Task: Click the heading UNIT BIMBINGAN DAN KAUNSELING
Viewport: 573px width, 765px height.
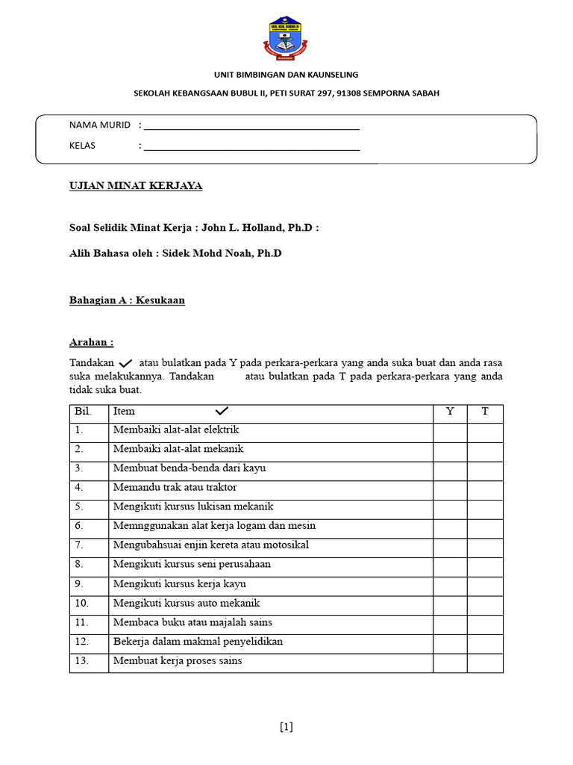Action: pyautogui.click(x=286, y=75)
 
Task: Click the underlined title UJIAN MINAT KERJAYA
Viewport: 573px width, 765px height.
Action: pyautogui.click(x=136, y=186)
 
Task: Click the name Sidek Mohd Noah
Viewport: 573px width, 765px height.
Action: pyautogui.click(x=207, y=253)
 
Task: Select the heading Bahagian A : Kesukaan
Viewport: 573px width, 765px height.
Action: pyautogui.click(x=127, y=300)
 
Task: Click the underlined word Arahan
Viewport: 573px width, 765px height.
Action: pyautogui.click(x=91, y=342)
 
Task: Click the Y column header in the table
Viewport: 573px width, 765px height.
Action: pyautogui.click(x=450, y=412)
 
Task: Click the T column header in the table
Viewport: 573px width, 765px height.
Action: pyautogui.click(x=485, y=412)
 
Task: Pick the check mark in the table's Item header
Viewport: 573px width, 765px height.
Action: pyautogui.click(x=222, y=412)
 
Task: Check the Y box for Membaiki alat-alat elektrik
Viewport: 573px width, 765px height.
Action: pyautogui.click(x=450, y=430)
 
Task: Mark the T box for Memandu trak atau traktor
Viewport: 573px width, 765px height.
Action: pyautogui.click(x=485, y=488)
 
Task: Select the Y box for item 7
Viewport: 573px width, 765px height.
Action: pyautogui.click(x=450, y=545)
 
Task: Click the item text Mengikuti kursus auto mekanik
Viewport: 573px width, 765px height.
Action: pyautogui.click(x=187, y=603)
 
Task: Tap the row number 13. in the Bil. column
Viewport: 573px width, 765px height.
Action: pyautogui.click(x=82, y=660)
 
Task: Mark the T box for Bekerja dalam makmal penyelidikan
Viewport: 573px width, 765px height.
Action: pyautogui.click(x=485, y=642)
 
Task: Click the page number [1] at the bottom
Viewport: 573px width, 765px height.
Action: pyautogui.click(x=286, y=727)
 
